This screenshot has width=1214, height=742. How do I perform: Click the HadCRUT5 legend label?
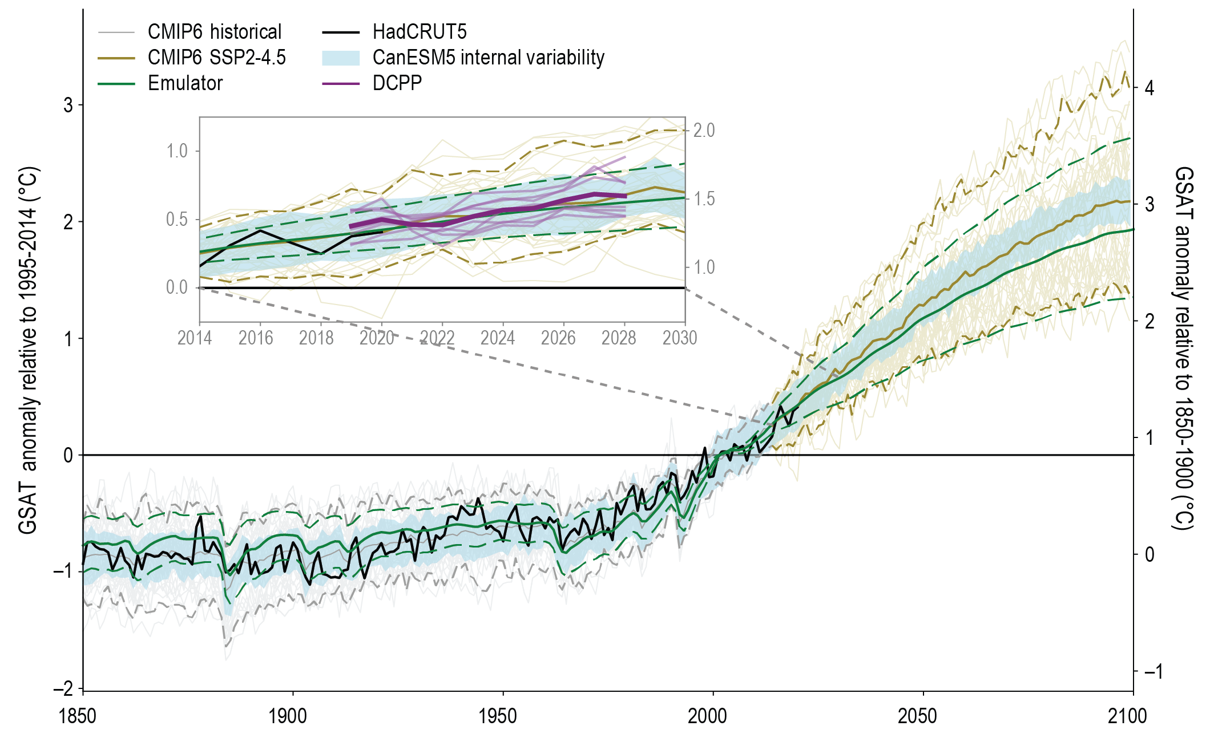tap(420, 32)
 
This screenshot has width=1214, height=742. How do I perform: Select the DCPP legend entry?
tap(397, 83)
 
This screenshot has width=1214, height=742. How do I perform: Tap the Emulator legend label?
tap(185, 83)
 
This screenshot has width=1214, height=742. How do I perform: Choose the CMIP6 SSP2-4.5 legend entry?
tap(216, 58)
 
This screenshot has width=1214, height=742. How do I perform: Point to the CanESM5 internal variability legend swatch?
tap(341, 58)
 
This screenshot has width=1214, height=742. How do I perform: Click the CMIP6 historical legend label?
tap(215, 32)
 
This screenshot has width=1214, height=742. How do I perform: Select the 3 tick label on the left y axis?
tap(68, 105)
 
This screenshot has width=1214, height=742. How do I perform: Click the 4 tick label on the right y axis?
tap(1149, 88)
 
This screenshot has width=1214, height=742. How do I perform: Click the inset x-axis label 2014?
tap(195, 338)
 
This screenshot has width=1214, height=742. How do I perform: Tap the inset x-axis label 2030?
tap(680, 338)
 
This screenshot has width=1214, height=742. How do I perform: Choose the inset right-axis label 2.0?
tap(704, 131)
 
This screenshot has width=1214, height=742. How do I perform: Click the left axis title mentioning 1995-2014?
tap(28, 350)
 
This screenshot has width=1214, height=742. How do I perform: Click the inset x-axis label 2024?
tap(498, 338)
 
